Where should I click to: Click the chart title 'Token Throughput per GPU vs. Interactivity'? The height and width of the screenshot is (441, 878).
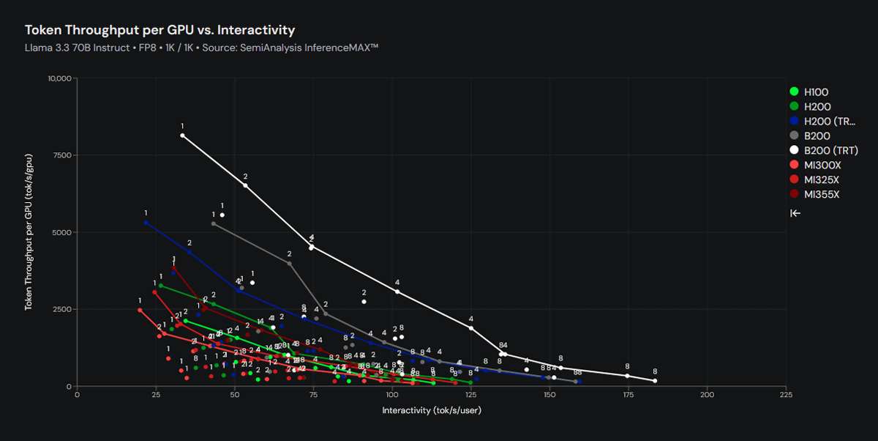(160, 30)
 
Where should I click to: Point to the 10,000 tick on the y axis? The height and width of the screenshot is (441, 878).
(59, 78)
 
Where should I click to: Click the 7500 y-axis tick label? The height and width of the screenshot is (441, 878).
(62, 155)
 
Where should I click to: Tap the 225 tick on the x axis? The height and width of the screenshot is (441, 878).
(786, 395)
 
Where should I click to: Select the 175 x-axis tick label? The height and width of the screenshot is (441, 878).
(629, 395)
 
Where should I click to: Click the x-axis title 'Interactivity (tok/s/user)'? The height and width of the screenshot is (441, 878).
(432, 410)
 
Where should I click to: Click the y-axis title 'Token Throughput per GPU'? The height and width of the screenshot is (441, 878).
(30, 232)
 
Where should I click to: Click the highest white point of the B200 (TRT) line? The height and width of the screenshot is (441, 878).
(182, 136)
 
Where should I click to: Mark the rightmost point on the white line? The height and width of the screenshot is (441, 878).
(655, 381)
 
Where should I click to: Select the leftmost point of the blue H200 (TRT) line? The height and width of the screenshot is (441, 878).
(146, 222)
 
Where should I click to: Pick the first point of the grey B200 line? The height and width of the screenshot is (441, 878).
(214, 223)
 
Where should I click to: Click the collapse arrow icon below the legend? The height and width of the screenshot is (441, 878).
(795, 213)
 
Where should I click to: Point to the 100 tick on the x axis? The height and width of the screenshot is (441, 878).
(392, 395)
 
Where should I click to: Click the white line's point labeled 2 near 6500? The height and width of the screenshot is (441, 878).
(245, 185)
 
